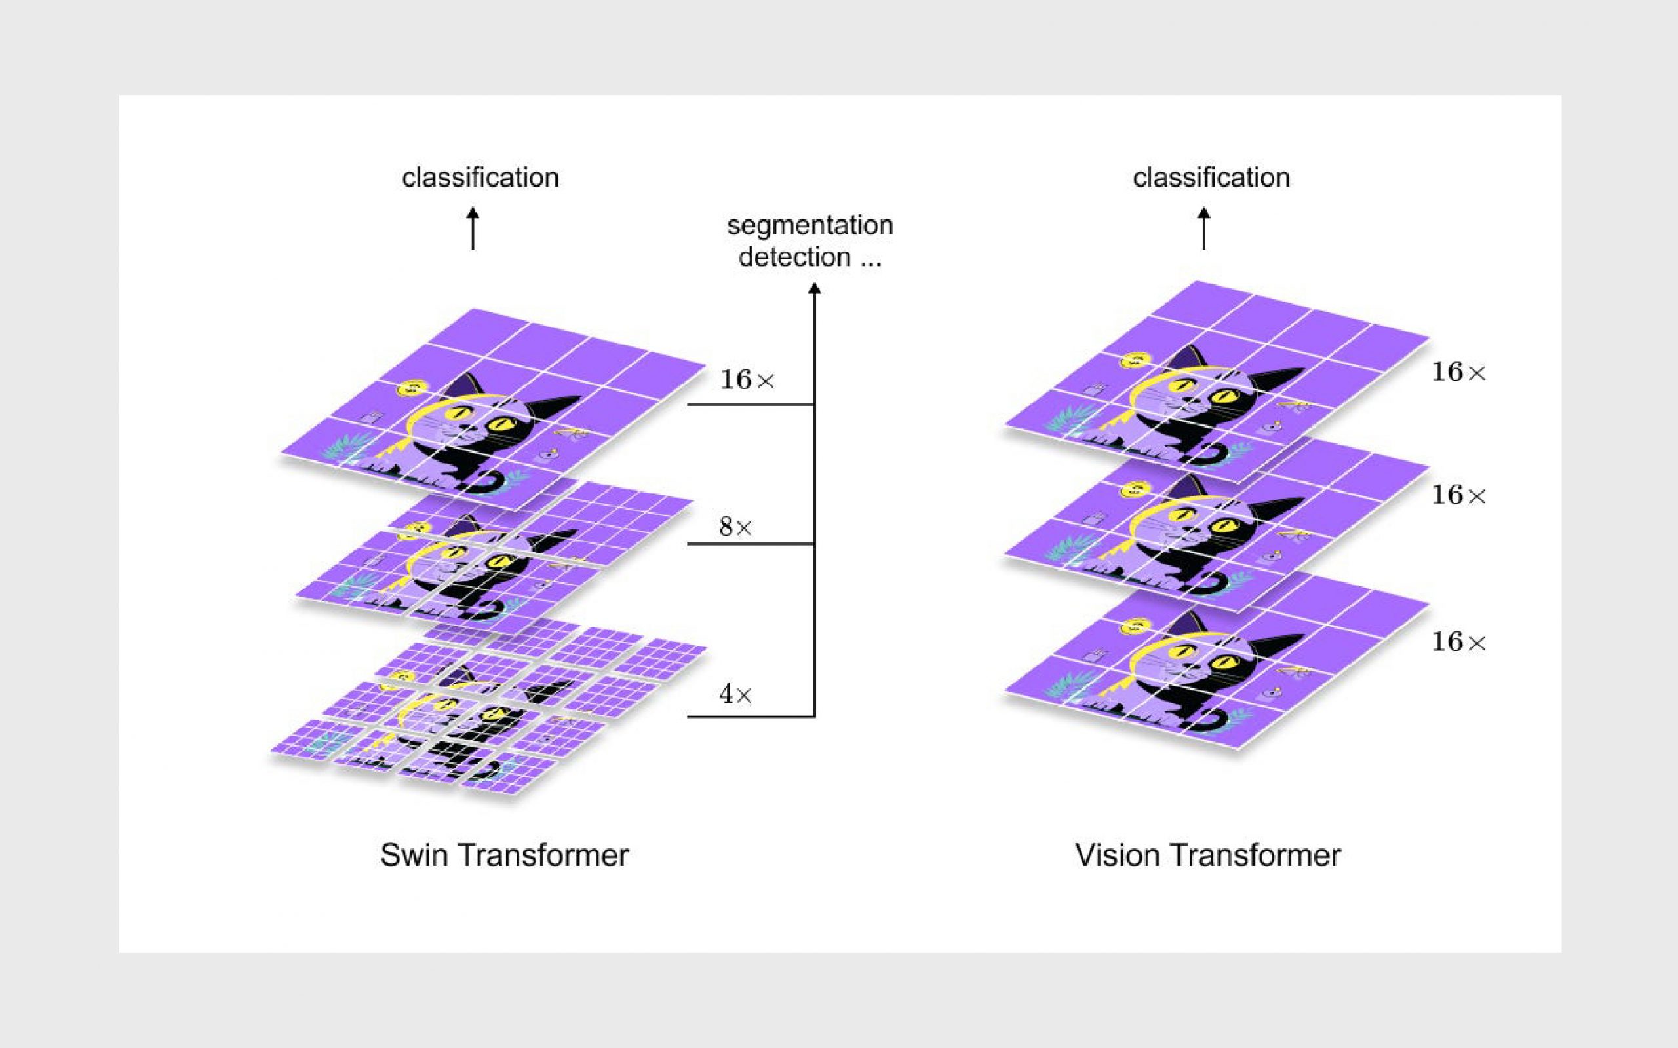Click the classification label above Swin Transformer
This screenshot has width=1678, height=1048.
pyautogui.click(x=480, y=178)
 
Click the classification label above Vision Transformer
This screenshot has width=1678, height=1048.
pyautogui.click(x=1211, y=178)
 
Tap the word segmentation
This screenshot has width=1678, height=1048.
pyautogui.click(x=810, y=225)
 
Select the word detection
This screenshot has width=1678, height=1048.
pyautogui.click(x=794, y=257)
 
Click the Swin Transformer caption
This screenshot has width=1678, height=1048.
pyautogui.click(x=504, y=855)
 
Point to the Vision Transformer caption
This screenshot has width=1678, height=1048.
pyautogui.click(x=1207, y=855)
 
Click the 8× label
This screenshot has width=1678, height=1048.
pyautogui.click(x=735, y=527)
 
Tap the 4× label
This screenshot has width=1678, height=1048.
pyautogui.click(x=735, y=694)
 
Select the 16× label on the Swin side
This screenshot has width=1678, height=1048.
pyautogui.click(x=747, y=380)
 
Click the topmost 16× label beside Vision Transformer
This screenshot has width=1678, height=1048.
pyautogui.click(x=1459, y=372)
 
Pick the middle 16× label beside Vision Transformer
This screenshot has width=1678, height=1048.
pyautogui.click(x=1459, y=495)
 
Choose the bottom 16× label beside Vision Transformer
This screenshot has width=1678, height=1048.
pyautogui.click(x=1459, y=642)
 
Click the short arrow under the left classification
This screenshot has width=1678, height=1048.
pyautogui.click(x=473, y=228)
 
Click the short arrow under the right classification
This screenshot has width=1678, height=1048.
pyautogui.click(x=1203, y=228)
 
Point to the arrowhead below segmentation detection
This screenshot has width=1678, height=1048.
pyautogui.click(x=815, y=288)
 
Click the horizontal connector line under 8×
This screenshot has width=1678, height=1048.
pyautogui.click(x=751, y=544)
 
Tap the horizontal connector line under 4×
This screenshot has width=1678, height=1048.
pyautogui.click(x=751, y=716)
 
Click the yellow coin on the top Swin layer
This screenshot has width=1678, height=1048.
pyautogui.click(x=410, y=388)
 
